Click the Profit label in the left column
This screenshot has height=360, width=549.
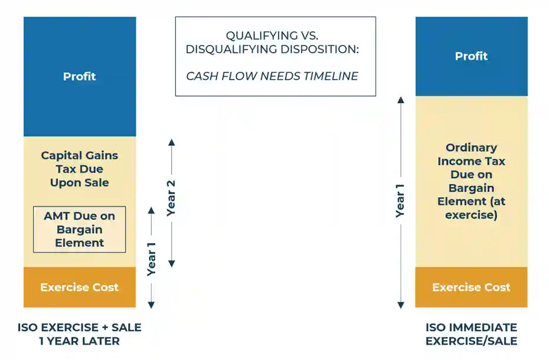click(x=79, y=77)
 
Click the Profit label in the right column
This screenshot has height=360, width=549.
click(x=471, y=56)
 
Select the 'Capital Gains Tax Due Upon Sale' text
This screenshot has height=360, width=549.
click(x=79, y=169)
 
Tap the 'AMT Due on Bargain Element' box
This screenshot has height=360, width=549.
click(x=79, y=229)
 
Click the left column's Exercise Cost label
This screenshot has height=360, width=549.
click(x=79, y=287)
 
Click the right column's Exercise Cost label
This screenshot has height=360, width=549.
click(x=471, y=287)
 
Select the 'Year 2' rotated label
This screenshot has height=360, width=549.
click(x=171, y=198)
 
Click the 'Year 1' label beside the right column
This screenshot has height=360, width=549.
click(x=400, y=201)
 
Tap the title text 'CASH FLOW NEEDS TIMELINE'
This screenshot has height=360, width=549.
click(x=272, y=76)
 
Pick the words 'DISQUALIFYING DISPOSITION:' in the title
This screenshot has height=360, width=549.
click(x=272, y=50)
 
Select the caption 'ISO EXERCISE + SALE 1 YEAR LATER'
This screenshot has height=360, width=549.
click(x=79, y=334)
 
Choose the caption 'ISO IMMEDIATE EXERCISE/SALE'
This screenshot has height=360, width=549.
click(x=471, y=334)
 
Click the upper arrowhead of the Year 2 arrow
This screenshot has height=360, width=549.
click(x=172, y=142)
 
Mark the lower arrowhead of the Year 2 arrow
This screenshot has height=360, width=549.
click(x=172, y=263)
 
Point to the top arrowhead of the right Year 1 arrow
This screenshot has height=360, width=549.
click(x=400, y=100)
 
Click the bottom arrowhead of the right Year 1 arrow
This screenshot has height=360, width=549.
click(x=400, y=305)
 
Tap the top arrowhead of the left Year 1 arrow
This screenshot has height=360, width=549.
click(x=151, y=210)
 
